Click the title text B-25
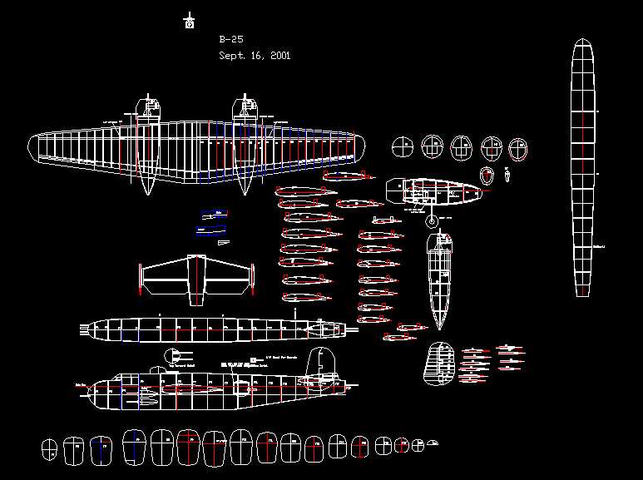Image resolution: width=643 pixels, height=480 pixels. point(231,39)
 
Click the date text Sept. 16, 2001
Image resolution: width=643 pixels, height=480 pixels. point(255,56)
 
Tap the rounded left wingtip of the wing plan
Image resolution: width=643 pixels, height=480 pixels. point(35,147)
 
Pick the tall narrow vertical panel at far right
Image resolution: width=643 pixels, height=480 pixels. point(585,166)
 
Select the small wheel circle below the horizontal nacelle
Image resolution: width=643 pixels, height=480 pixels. point(431,221)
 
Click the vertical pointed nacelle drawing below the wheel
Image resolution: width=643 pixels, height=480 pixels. point(439,279)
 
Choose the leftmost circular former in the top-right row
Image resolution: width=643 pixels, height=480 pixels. point(402,148)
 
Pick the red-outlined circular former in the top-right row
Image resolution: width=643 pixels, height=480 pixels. point(518,150)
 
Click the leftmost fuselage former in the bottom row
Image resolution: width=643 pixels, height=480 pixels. point(51,448)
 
